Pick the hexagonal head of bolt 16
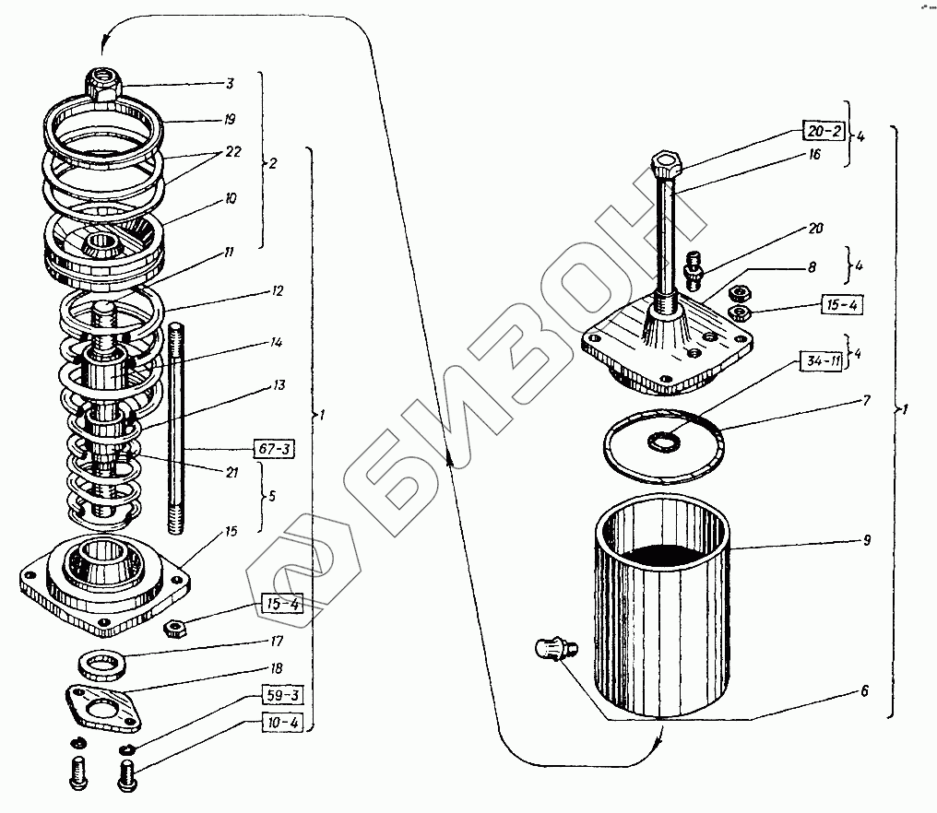[x=666, y=166]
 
